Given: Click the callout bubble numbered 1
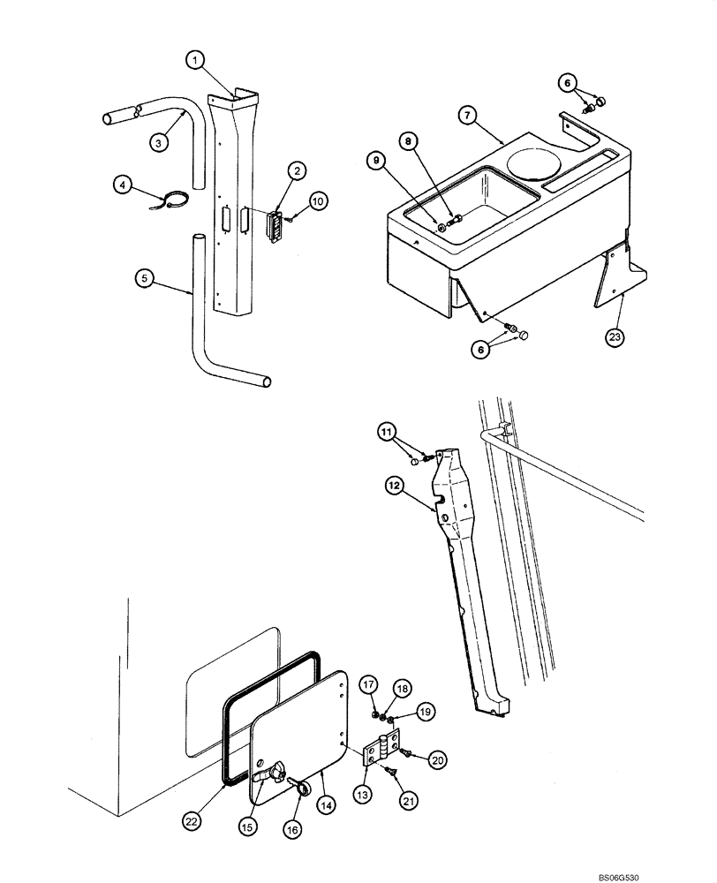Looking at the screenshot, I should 196,60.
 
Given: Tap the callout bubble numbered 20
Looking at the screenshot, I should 438,758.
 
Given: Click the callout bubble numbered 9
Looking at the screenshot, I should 377,161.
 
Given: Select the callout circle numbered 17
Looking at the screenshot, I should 369,683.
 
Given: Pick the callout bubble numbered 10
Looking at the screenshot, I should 317,201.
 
